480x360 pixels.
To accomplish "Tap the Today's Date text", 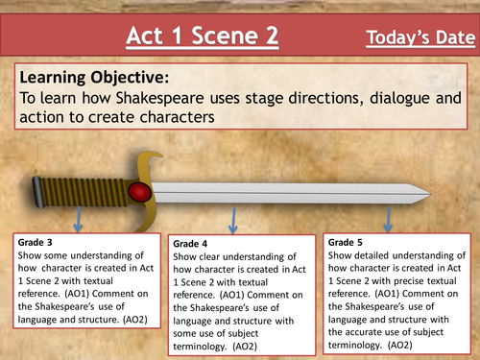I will coord(420,38).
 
